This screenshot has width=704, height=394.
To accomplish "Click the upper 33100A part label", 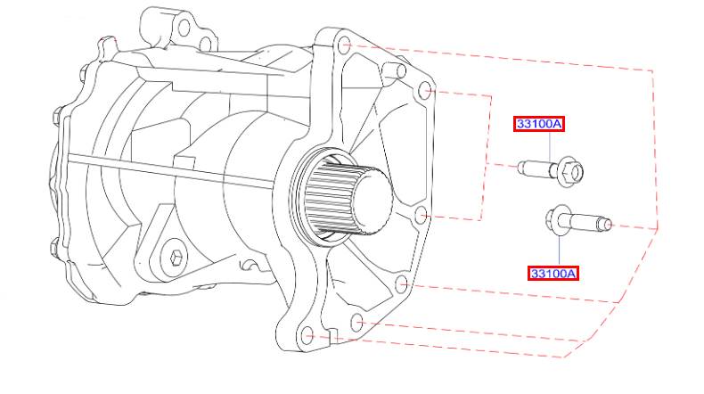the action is (x=539, y=124).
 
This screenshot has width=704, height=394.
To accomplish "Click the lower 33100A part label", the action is (x=553, y=273).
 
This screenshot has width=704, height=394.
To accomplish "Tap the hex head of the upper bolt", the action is (x=571, y=171).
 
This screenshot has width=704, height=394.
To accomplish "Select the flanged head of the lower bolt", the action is (x=555, y=220).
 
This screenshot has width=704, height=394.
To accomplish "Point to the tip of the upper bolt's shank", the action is (x=520, y=167).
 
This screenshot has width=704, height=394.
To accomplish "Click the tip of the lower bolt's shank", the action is (x=608, y=224).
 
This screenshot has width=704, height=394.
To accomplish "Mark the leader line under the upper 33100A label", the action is (x=550, y=147).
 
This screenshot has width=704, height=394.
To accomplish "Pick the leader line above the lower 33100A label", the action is (x=559, y=250).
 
